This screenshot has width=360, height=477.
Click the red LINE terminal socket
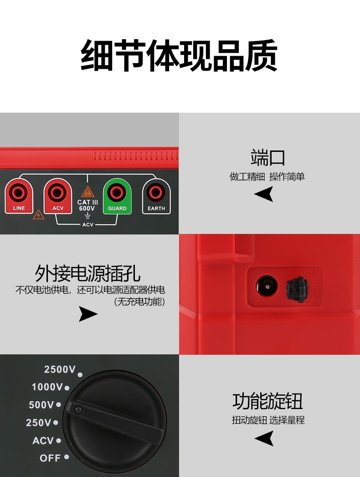click(x=19, y=193)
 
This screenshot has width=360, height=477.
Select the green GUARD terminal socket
click(x=117, y=193)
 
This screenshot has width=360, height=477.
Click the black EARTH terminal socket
click(x=156, y=193)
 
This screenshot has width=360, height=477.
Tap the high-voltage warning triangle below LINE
click(x=38, y=214)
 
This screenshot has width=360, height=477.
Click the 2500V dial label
click(x=60, y=369)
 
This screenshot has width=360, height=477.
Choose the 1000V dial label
click(x=47, y=387)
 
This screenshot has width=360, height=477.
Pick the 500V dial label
click(x=41, y=405)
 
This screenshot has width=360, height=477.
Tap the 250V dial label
click(x=39, y=423)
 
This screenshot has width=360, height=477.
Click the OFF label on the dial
click(x=50, y=458)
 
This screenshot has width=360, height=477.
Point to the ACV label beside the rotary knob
click(x=43, y=441)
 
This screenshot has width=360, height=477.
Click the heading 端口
click(x=268, y=157)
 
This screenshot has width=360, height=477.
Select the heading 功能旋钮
click(x=267, y=401)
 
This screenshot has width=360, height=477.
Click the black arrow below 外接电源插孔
click(x=88, y=314)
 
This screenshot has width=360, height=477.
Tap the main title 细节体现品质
click(x=179, y=57)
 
